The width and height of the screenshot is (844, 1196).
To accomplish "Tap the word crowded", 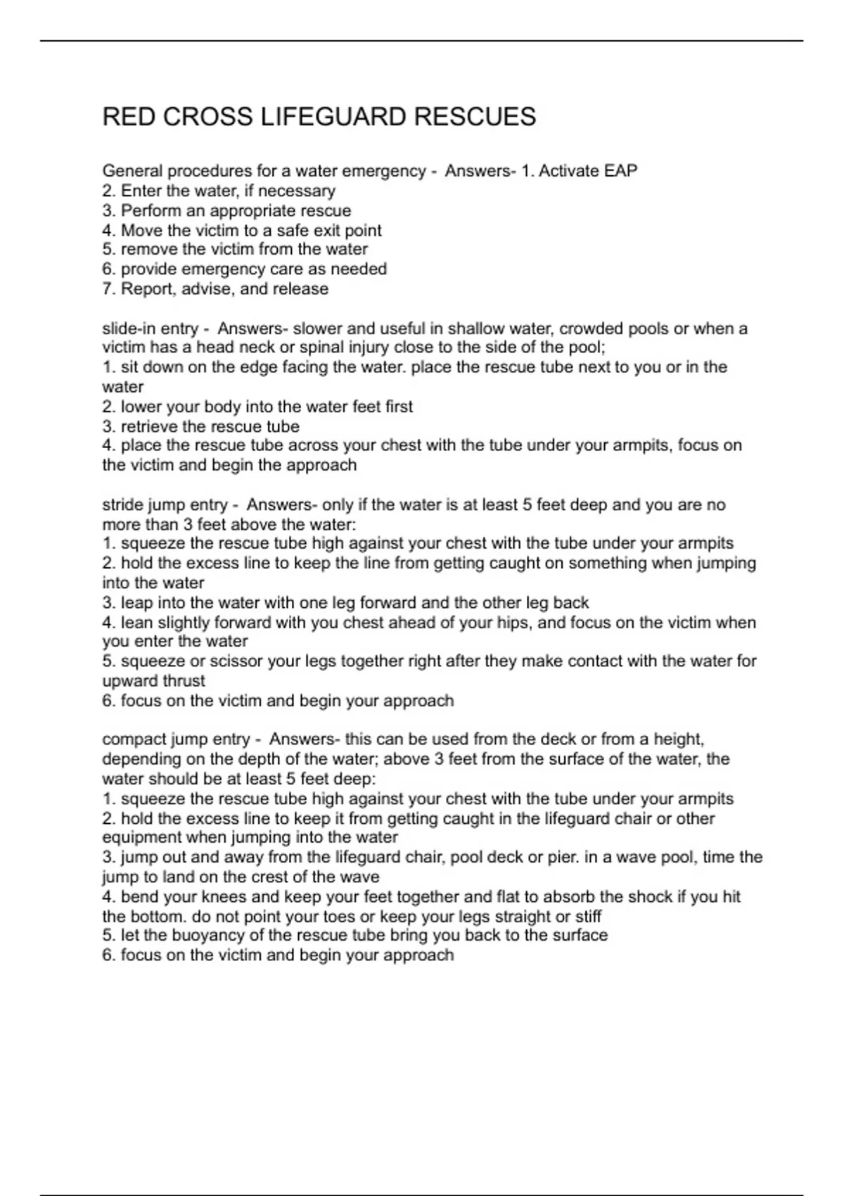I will click(x=590, y=329).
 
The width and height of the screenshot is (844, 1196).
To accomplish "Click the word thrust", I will click(x=184, y=681).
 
